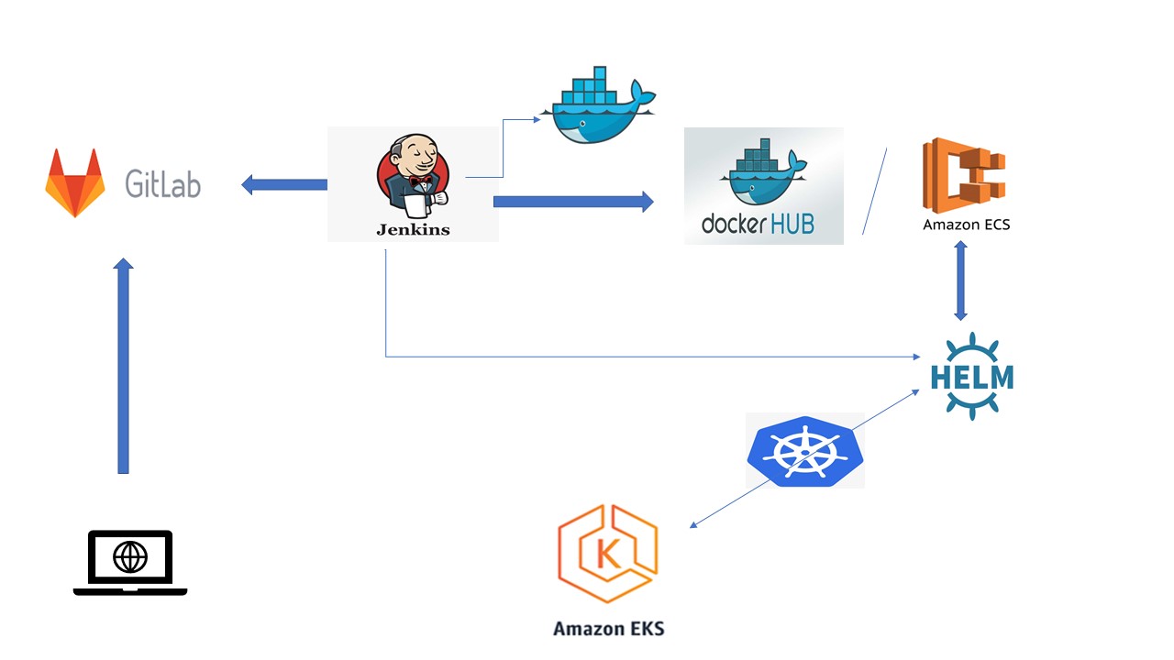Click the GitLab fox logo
pyautogui.click(x=75, y=182)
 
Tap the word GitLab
pyautogui.click(x=163, y=184)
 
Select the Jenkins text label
pyautogui.click(x=413, y=229)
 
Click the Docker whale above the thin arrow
pyautogui.click(x=599, y=104)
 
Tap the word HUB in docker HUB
pyautogui.click(x=792, y=224)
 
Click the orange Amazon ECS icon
pyautogui.click(x=964, y=175)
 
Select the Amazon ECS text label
pyautogui.click(x=967, y=225)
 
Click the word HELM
pyautogui.click(x=972, y=377)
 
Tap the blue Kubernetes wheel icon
pyautogui.click(x=805, y=450)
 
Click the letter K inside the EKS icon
pyautogui.click(x=608, y=554)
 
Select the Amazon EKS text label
pyautogui.click(x=609, y=629)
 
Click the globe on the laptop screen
pyautogui.click(x=130, y=556)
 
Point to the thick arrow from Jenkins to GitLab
pyautogui.click(x=284, y=184)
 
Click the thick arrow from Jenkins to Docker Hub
pyautogui.click(x=573, y=202)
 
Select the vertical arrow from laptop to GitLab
pyautogui.click(x=123, y=366)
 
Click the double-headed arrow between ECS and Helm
pyautogui.click(x=960, y=280)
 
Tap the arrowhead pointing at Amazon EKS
pyautogui.click(x=692, y=525)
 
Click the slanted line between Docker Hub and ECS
pyautogui.click(x=875, y=192)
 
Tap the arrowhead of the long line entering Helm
pyautogui.click(x=916, y=357)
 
